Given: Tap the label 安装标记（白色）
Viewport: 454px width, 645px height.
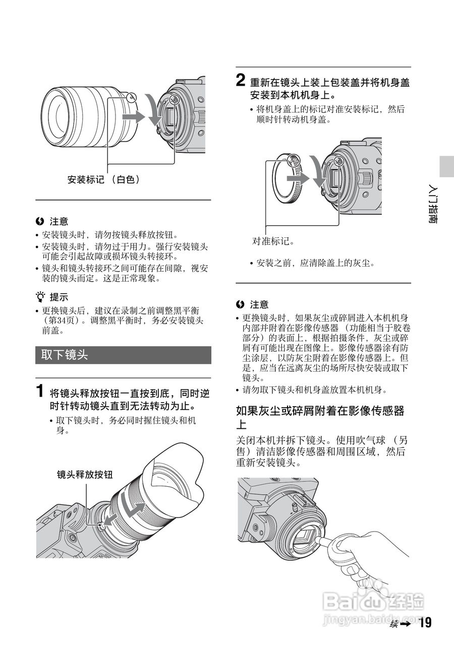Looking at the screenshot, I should pos(103,179).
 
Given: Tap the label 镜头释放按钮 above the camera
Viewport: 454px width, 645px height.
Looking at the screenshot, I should pos(84,474).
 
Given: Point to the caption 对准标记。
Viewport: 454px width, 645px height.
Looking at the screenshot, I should pos(273,241).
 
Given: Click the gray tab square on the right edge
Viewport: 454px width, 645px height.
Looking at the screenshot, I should pos(446,166).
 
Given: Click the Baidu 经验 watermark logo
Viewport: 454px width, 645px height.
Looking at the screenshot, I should pos(373,602).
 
